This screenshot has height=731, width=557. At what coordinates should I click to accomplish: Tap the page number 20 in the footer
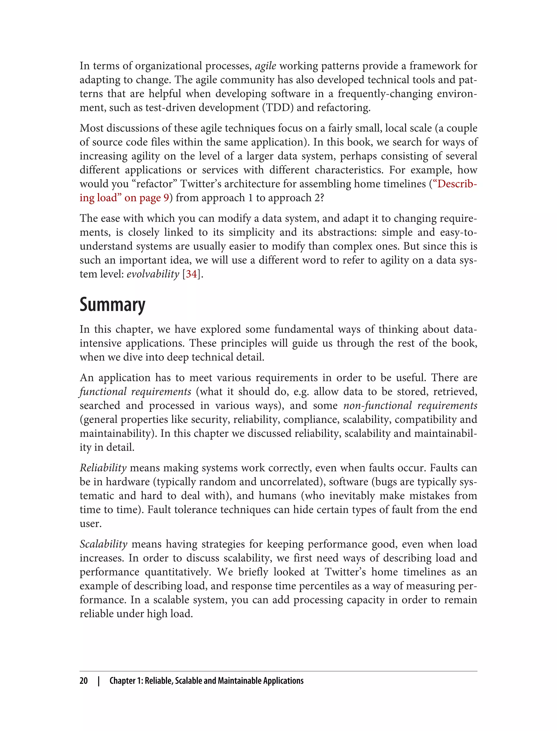83,681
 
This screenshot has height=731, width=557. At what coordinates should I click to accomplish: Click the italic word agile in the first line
265,66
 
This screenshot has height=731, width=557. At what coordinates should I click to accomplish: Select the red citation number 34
191,274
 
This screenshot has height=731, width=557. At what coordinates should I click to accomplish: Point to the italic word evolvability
153,274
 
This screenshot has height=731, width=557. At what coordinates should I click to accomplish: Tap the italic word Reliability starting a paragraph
103,468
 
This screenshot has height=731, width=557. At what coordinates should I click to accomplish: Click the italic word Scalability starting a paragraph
103,544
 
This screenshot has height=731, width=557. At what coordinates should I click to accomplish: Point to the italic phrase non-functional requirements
410,405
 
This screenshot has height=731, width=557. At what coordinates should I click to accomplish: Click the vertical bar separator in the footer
99,681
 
